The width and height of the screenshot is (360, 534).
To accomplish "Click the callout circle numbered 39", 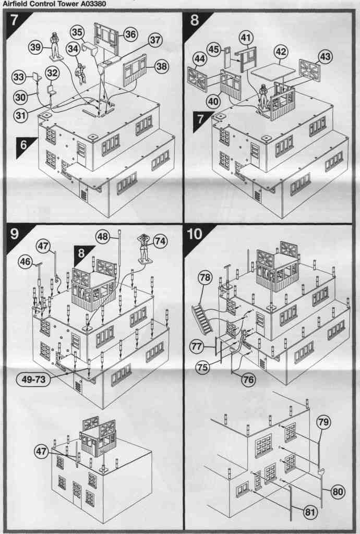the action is [x=35, y=47].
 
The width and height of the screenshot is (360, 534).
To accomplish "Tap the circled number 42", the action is [x=281, y=52].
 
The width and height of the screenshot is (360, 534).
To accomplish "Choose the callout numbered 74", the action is [x=160, y=241].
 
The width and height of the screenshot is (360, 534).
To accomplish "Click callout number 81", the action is [x=310, y=512].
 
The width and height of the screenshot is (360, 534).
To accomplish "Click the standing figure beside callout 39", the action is [x=54, y=45].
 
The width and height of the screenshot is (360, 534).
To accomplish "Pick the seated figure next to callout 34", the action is [x=81, y=74].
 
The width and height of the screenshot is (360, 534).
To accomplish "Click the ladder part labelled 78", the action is [x=202, y=318].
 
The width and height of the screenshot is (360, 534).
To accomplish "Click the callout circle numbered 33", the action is [x=19, y=78].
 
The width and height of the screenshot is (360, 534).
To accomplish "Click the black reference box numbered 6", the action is [x=23, y=145].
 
